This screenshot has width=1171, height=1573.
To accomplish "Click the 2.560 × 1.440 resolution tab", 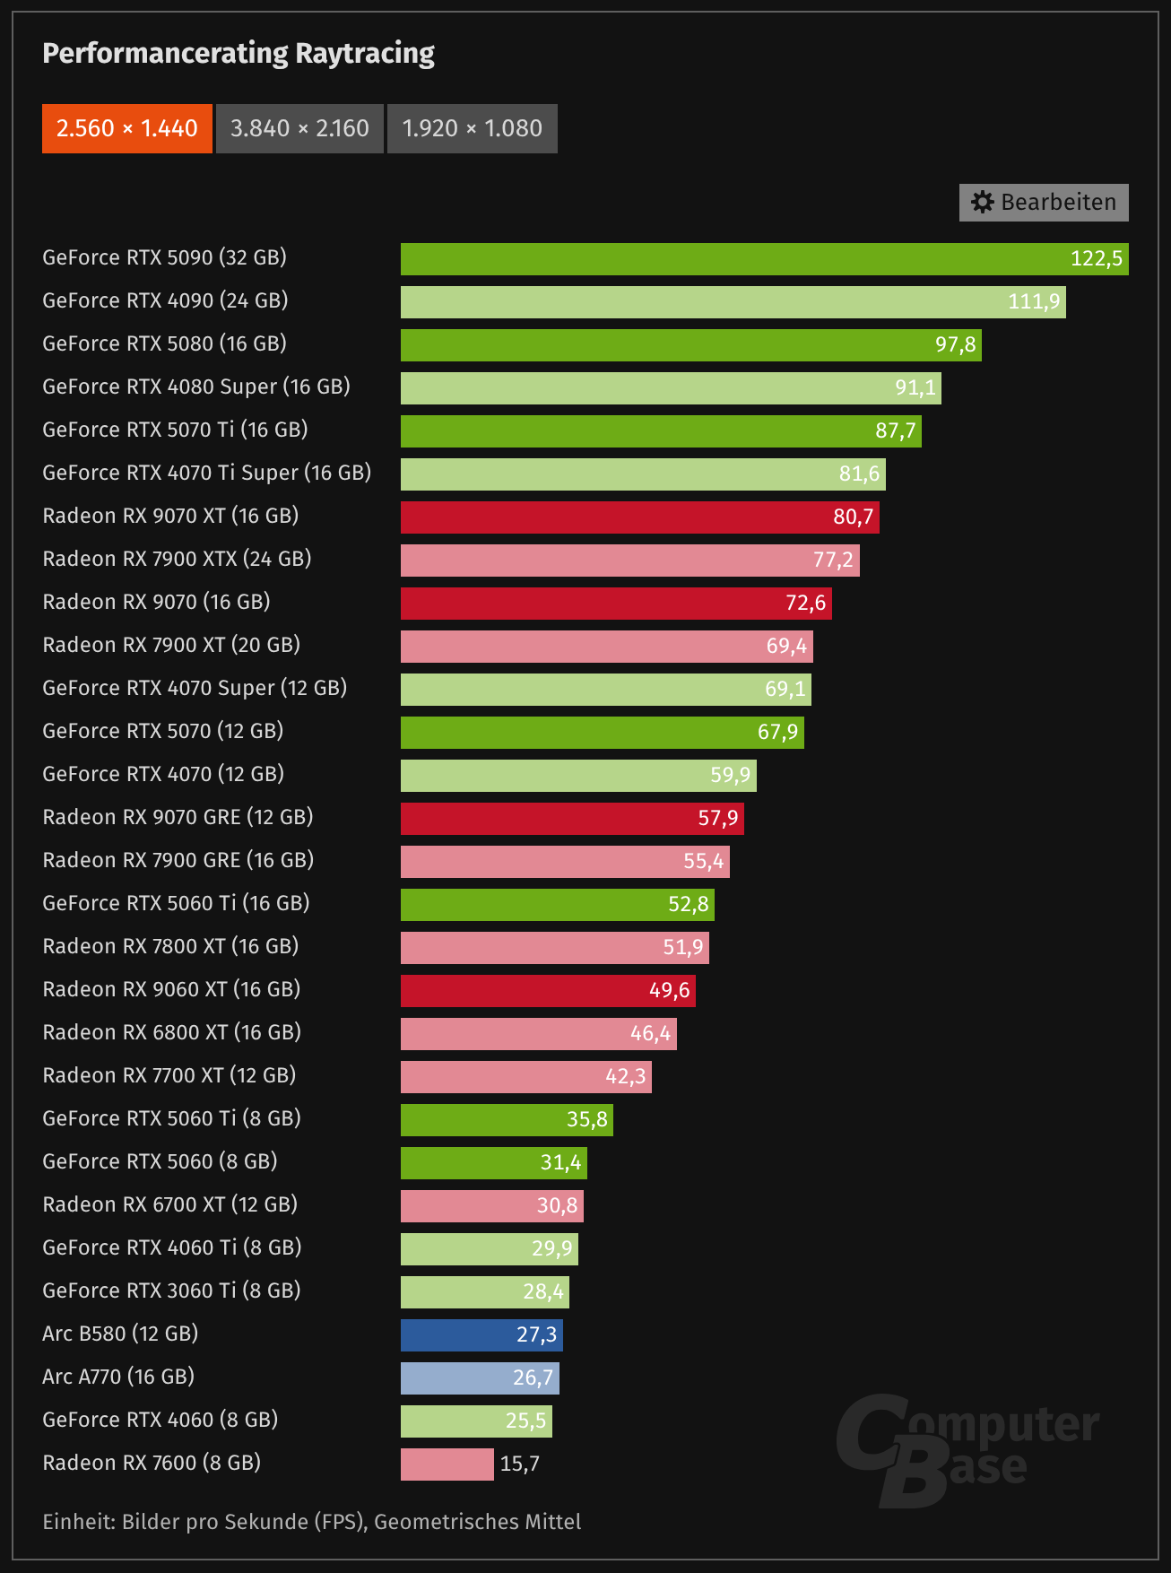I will coord(126,128).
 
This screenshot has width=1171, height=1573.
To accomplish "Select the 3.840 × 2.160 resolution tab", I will coord(299,128).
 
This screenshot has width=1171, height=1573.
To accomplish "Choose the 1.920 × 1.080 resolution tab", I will coord(472,128).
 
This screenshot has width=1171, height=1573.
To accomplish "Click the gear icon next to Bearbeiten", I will coord(983,203).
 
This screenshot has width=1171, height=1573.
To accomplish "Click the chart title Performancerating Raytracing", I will coord(239,54).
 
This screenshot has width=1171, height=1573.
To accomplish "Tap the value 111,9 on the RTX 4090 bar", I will coord(1034,301).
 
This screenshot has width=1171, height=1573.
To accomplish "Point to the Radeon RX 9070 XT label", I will coord(170,516).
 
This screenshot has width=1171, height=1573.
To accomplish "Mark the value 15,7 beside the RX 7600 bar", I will coord(520,1464).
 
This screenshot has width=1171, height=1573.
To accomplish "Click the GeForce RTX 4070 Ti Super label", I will coord(206,473).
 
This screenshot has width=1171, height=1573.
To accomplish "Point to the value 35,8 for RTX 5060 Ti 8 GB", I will coord(587,1119).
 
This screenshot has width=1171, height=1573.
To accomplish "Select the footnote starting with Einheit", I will coord(311,1522).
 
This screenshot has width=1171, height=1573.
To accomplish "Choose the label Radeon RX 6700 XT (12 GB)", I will coord(169,1204).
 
